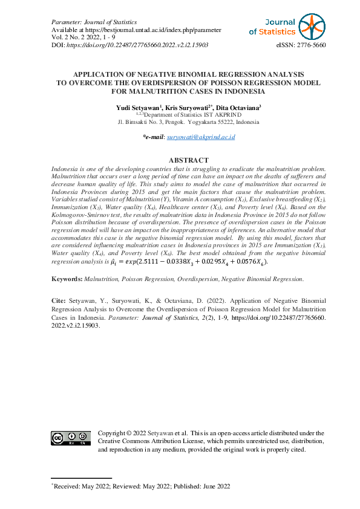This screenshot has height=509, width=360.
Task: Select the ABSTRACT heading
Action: [180, 161]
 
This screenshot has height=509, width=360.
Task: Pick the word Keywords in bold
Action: [67, 279]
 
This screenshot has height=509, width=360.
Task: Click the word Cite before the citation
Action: [58, 300]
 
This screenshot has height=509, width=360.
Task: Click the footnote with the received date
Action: [142, 486]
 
